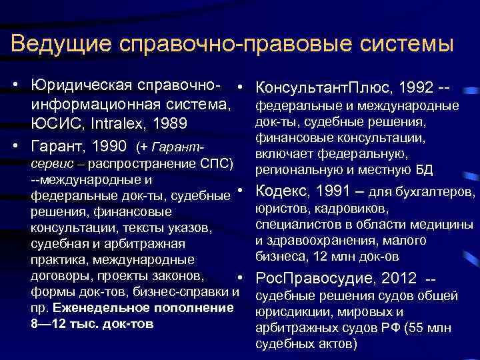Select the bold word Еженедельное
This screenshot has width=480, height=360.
click(x=97, y=308)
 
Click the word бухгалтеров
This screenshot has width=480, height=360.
click(x=440, y=193)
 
